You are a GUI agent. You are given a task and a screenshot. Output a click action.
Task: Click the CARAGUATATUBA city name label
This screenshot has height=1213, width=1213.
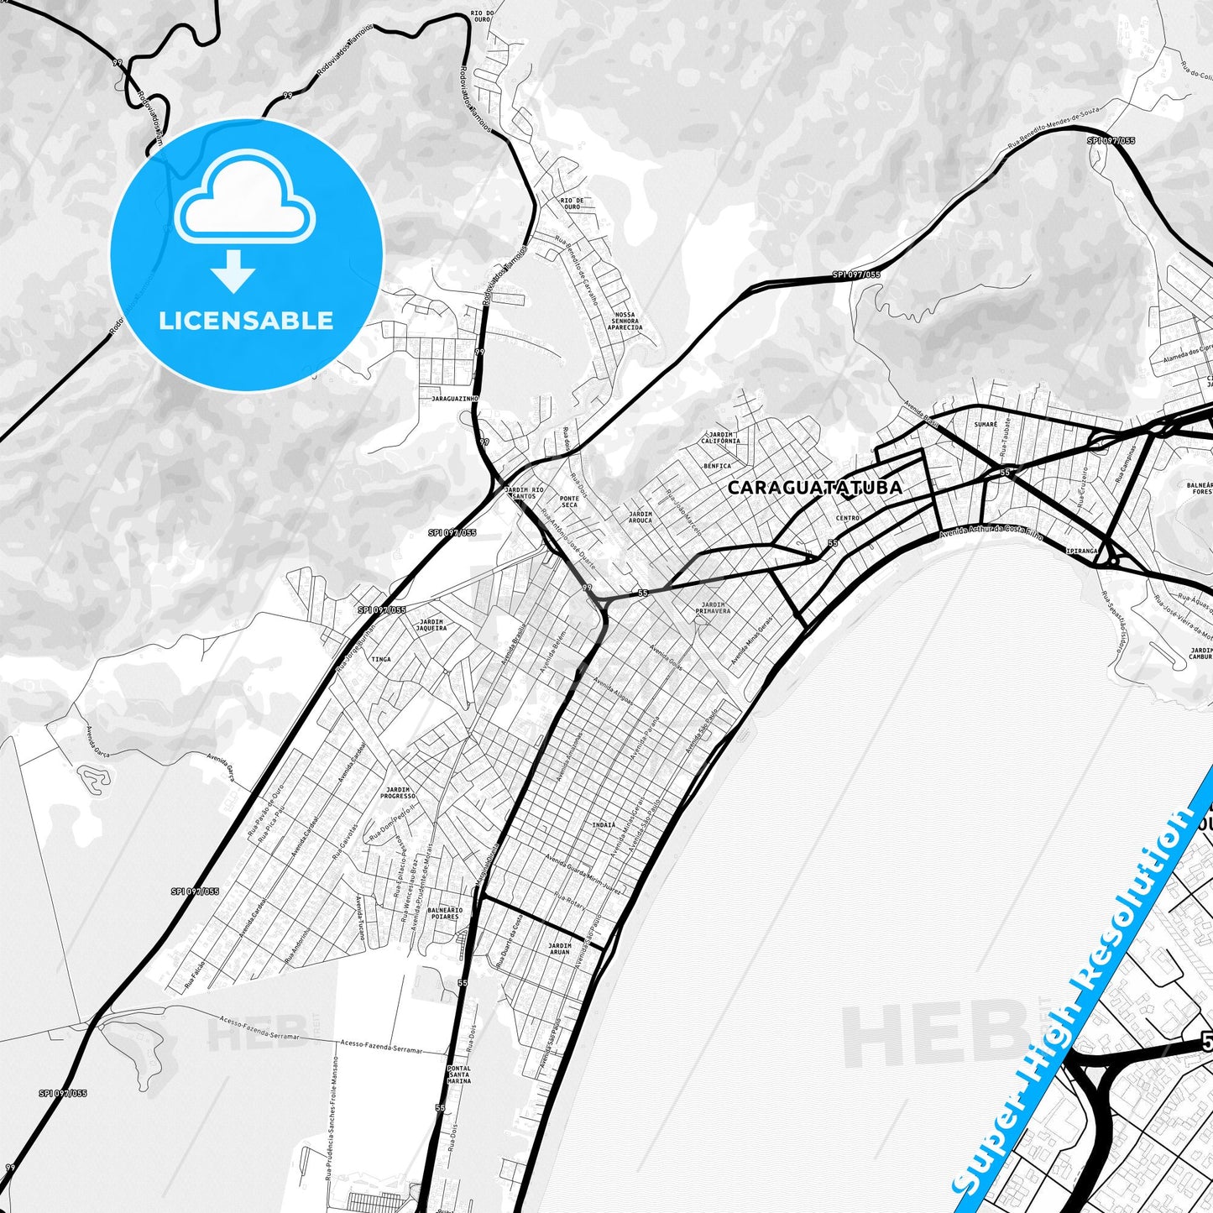coord(814,488)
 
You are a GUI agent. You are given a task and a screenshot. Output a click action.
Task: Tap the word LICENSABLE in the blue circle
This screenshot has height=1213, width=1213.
coord(246,321)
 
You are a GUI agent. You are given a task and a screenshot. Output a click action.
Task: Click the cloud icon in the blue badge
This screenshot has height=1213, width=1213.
coord(245,205)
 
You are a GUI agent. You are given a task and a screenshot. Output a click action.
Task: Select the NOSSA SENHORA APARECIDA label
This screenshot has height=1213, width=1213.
coord(625,321)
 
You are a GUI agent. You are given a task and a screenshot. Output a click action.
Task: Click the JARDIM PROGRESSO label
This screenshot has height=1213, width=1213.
coord(398,792)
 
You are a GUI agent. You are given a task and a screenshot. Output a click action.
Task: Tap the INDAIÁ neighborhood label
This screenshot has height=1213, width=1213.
coord(604,825)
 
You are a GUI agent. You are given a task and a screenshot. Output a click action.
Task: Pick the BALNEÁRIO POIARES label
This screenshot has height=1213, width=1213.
coord(444,913)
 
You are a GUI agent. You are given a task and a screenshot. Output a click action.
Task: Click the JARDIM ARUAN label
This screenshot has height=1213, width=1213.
coord(559,949)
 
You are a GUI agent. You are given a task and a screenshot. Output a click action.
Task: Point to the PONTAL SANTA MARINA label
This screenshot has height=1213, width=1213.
coord(459,1074)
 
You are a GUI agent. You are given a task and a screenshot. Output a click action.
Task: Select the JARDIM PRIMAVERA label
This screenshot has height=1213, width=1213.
coord(713,608)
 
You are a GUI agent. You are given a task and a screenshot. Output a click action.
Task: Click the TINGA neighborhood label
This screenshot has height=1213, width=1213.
coord(381,659)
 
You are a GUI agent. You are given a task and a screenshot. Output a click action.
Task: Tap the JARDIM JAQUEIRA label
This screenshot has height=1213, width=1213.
coord(431,625)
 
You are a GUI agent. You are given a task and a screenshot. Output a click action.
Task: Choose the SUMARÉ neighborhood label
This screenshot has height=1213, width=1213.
coord(986,425)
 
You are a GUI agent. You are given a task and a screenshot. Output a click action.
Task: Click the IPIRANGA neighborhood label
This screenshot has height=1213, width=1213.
coord(1081,552)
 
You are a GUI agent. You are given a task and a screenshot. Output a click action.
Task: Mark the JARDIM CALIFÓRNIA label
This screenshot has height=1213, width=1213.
coord(720,437)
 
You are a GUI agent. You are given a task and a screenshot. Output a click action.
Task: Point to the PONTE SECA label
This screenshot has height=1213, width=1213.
coord(569,501)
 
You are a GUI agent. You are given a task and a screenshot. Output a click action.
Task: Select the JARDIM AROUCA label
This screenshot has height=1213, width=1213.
coord(640,517)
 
